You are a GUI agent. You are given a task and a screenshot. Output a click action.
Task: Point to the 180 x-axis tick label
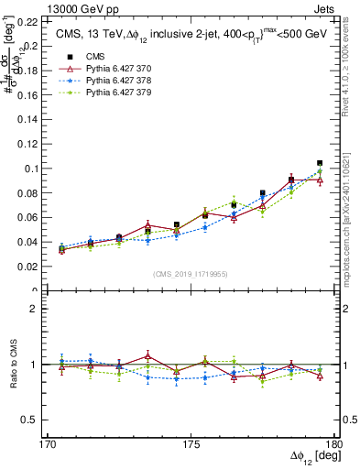(333, 444)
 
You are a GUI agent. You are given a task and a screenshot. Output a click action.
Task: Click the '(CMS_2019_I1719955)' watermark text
(191, 273)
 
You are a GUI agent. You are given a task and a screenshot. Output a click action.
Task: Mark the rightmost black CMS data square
(319, 163)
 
